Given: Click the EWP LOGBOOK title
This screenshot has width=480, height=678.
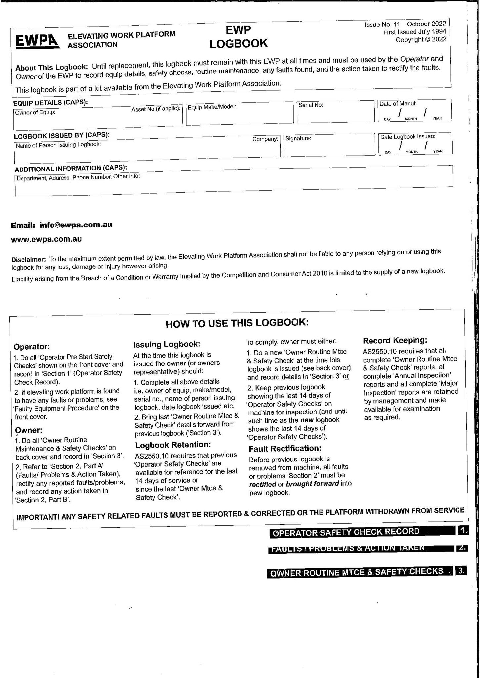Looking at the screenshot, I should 238,37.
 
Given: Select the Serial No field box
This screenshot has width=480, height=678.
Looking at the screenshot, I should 335,112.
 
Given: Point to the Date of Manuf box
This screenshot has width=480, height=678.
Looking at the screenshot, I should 415,111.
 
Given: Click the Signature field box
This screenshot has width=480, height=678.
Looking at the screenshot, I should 328,146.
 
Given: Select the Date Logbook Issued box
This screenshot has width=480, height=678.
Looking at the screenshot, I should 415,144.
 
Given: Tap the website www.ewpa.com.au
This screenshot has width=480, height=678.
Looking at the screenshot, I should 47,239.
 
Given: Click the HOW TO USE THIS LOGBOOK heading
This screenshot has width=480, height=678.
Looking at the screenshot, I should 237,323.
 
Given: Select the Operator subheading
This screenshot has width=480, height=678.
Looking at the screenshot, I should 31,347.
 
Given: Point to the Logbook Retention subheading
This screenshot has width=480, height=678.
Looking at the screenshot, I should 173,444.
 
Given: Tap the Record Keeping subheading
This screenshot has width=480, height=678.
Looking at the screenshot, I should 395,340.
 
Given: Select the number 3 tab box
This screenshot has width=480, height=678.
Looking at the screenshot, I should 461,571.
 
